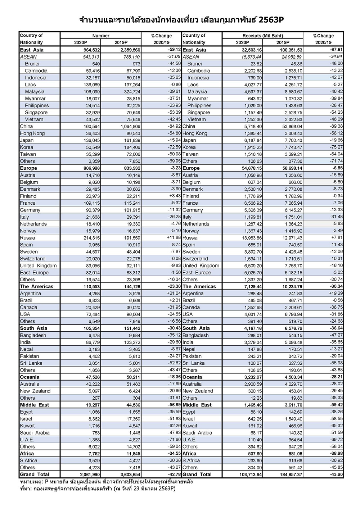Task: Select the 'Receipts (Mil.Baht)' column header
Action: click(x=263, y=36)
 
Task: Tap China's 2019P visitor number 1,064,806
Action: click(x=130, y=127)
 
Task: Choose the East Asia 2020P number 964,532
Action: click(x=89, y=50)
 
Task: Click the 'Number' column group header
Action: click(x=101, y=36)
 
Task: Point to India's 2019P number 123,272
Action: click(x=130, y=342)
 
